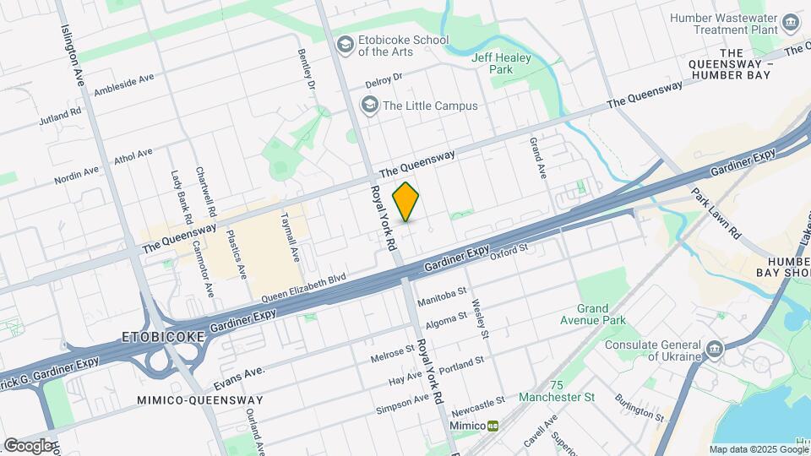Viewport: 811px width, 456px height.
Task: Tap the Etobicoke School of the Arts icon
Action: (x=345, y=44)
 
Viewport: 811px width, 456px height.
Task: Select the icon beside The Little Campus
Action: (x=368, y=106)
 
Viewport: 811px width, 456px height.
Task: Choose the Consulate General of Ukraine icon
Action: (x=714, y=348)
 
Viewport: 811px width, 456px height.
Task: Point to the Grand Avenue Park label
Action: (x=601, y=314)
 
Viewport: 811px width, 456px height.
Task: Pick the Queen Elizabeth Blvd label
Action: (x=304, y=288)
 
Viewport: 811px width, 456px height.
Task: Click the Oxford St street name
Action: (x=509, y=250)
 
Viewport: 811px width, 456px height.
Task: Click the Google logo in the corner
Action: (x=27, y=445)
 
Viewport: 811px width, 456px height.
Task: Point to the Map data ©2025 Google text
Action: (x=758, y=449)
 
